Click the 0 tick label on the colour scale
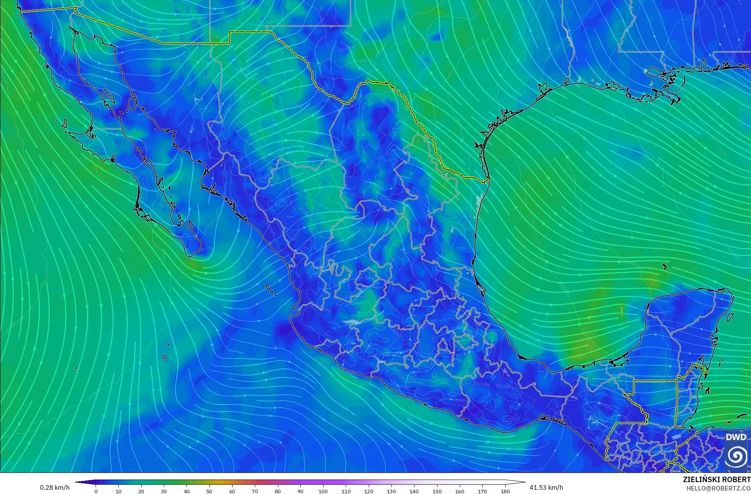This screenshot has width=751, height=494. pyautogui.click(x=96, y=491)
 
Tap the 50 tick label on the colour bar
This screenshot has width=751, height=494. pyautogui.click(x=210, y=491)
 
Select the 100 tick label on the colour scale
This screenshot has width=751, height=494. pyautogui.click(x=323, y=491)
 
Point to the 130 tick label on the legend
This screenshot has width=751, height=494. pyautogui.click(x=391, y=491)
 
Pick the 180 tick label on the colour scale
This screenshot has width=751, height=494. pyautogui.click(x=505, y=491)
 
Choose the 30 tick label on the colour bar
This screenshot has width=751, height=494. pyautogui.click(x=164, y=491)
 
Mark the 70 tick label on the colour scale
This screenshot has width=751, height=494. pyautogui.click(x=255, y=491)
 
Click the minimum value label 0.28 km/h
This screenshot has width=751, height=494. pyautogui.click(x=55, y=487)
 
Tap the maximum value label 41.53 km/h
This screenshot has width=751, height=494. pyautogui.click(x=546, y=487)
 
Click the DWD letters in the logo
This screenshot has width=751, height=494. pyautogui.click(x=736, y=437)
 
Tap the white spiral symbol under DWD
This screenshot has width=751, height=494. pyautogui.click(x=736, y=456)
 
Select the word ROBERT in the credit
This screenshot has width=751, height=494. pyautogui.click(x=737, y=479)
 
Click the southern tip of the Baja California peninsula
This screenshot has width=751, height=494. pyautogui.click(x=191, y=254)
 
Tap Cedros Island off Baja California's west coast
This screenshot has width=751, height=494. pyautogui.click(x=64, y=124)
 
